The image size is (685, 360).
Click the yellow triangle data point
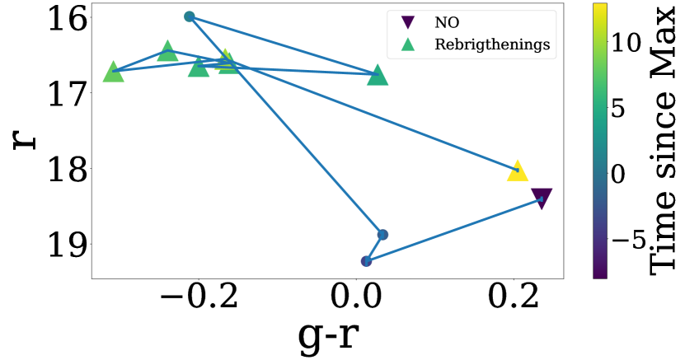pyautogui.click(x=517, y=171)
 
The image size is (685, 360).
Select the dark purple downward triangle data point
pyautogui.click(x=542, y=198)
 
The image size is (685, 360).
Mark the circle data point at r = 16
pyautogui.click(x=190, y=16)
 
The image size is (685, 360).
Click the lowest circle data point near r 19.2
pyautogui.click(x=366, y=261)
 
